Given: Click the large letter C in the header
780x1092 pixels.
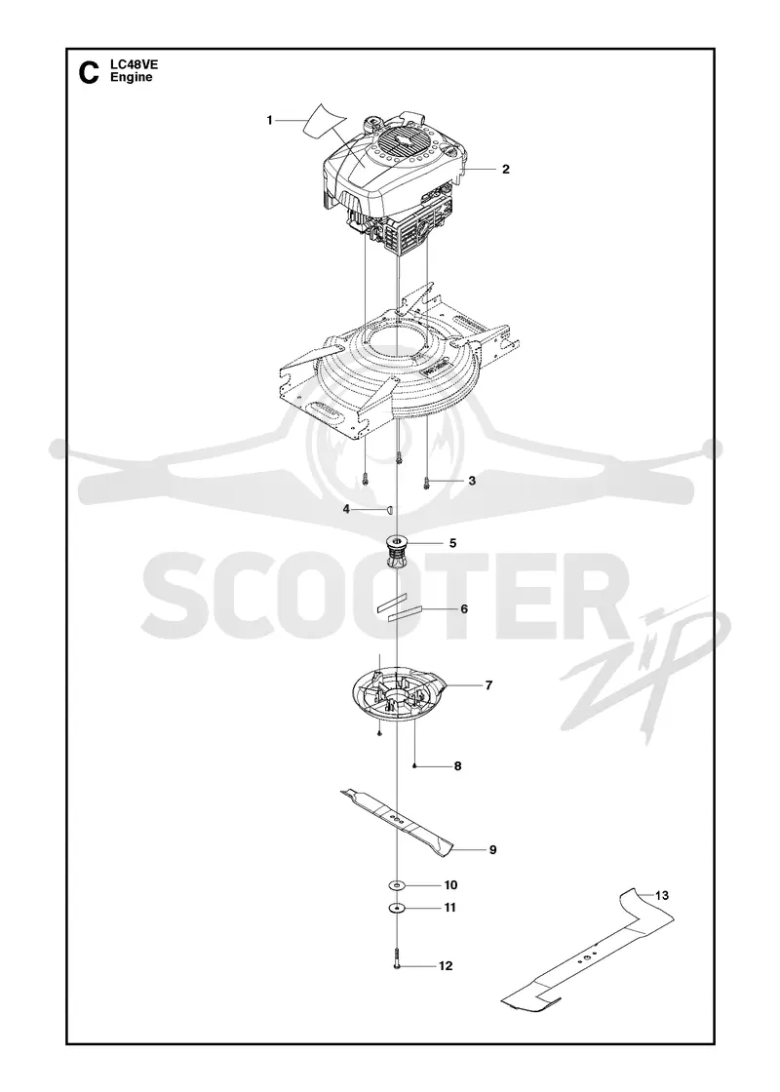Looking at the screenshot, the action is [89, 72].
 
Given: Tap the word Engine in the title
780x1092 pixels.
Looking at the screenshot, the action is [131, 77].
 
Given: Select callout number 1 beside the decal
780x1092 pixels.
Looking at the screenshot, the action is [269, 121].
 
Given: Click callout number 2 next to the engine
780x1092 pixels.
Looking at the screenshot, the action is [506, 170].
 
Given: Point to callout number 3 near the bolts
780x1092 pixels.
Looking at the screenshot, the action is [472, 481].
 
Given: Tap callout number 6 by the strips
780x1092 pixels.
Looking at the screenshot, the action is [464, 609].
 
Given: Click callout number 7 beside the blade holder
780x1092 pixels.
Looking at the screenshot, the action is [488, 686].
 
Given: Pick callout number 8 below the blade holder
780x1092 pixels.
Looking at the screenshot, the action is [457, 766].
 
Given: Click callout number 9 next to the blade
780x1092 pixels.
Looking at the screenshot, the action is [492, 849].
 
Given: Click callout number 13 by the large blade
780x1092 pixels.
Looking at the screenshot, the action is [662, 896].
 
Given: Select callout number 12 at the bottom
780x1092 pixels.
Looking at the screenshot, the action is [446, 966].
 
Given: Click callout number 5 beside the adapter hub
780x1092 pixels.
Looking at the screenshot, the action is [452, 543].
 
